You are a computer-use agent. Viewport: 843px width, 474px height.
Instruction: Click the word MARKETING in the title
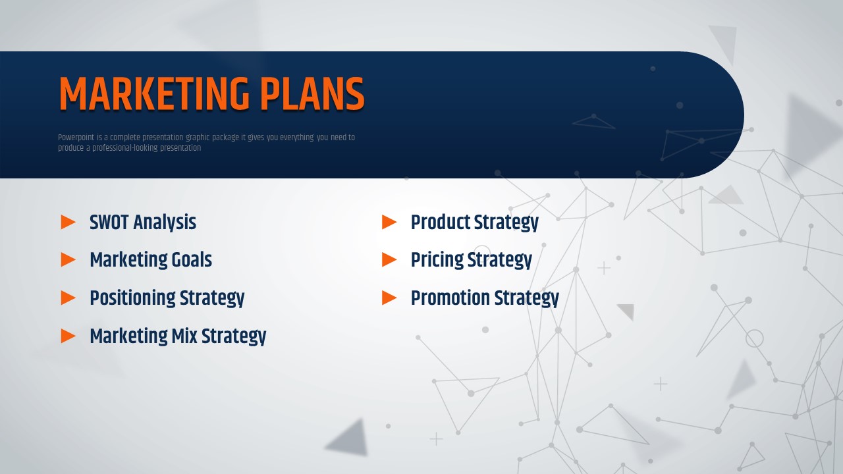point(154,93)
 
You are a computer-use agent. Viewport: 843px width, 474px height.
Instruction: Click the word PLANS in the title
point(312,93)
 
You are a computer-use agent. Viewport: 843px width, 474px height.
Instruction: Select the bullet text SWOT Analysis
point(143,223)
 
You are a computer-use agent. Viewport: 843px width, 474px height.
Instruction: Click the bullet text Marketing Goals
point(151,260)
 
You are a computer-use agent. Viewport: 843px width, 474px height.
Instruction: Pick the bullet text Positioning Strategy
point(167,298)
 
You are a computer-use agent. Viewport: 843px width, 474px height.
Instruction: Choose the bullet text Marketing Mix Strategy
point(178,336)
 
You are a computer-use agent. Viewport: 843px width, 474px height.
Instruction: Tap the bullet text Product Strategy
point(475,223)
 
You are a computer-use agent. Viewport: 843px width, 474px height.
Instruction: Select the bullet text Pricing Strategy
point(471,260)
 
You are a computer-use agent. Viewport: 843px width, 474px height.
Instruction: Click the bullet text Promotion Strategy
point(485,298)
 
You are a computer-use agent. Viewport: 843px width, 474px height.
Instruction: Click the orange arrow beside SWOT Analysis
point(68,222)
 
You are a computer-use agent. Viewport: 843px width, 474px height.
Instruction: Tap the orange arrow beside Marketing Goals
point(68,259)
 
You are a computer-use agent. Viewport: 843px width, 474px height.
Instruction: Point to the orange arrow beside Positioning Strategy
point(68,298)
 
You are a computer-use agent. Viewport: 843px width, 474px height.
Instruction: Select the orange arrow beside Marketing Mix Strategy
point(68,336)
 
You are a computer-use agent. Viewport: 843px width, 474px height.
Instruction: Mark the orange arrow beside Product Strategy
point(389,222)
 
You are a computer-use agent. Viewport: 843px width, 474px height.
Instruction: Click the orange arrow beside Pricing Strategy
point(389,259)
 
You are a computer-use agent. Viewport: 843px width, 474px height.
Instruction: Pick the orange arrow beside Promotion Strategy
point(389,298)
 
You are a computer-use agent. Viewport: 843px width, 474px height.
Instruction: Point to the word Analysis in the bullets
point(165,223)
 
